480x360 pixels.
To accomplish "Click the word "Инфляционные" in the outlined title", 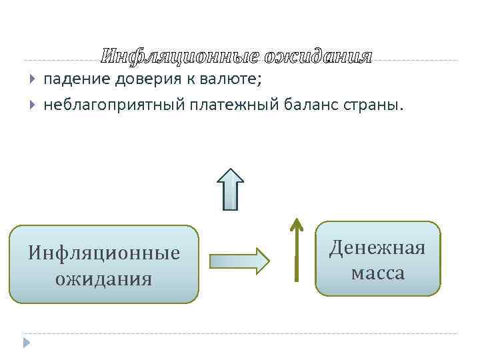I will [181, 57].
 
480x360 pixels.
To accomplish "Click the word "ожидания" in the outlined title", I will [318, 57].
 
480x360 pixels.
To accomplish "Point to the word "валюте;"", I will [230, 81].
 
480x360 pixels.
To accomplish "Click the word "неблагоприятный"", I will [113, 105].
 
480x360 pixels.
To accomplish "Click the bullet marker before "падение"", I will [33, 81].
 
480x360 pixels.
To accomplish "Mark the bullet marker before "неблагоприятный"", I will [33, 105].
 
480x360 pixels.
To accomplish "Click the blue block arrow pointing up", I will [231, 189].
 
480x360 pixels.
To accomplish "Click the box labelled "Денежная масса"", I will [378, 259].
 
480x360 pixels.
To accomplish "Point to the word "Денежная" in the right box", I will [378, 249].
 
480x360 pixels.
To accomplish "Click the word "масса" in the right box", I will [378, 273].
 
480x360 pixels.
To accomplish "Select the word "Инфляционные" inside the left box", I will [104, 253].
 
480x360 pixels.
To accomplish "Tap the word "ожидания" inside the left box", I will [104, 277].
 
